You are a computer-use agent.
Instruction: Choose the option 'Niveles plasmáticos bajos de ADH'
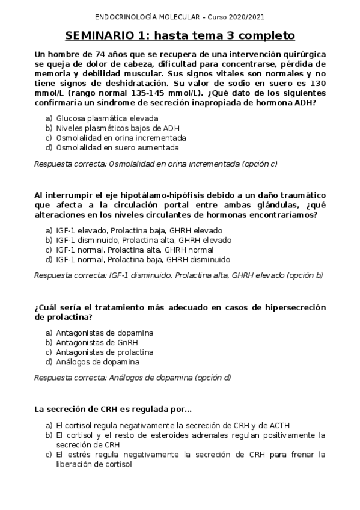[x=117, y=128]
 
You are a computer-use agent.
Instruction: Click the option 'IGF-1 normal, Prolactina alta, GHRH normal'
[x=134, y=250]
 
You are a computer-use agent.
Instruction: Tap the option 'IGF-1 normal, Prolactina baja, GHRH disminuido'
[x=142, y=260]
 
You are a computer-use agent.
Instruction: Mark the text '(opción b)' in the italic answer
[x=304, y=275]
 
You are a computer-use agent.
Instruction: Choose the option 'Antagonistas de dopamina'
[x=105, y=333]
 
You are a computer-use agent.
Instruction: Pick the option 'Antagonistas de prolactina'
[x=105, y=352]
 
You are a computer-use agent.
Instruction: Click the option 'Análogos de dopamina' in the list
[x=97, y=362]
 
